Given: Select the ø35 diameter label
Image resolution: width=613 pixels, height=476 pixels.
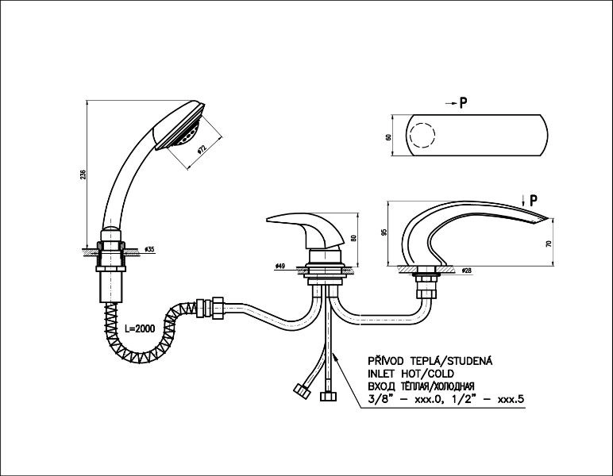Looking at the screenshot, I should (151, 250).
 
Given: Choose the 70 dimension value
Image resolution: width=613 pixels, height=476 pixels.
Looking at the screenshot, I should (548, 244).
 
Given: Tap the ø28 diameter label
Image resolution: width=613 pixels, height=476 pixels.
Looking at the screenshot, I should (466, 271).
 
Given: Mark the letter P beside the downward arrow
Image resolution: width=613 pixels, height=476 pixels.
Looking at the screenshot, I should (534, 199).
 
